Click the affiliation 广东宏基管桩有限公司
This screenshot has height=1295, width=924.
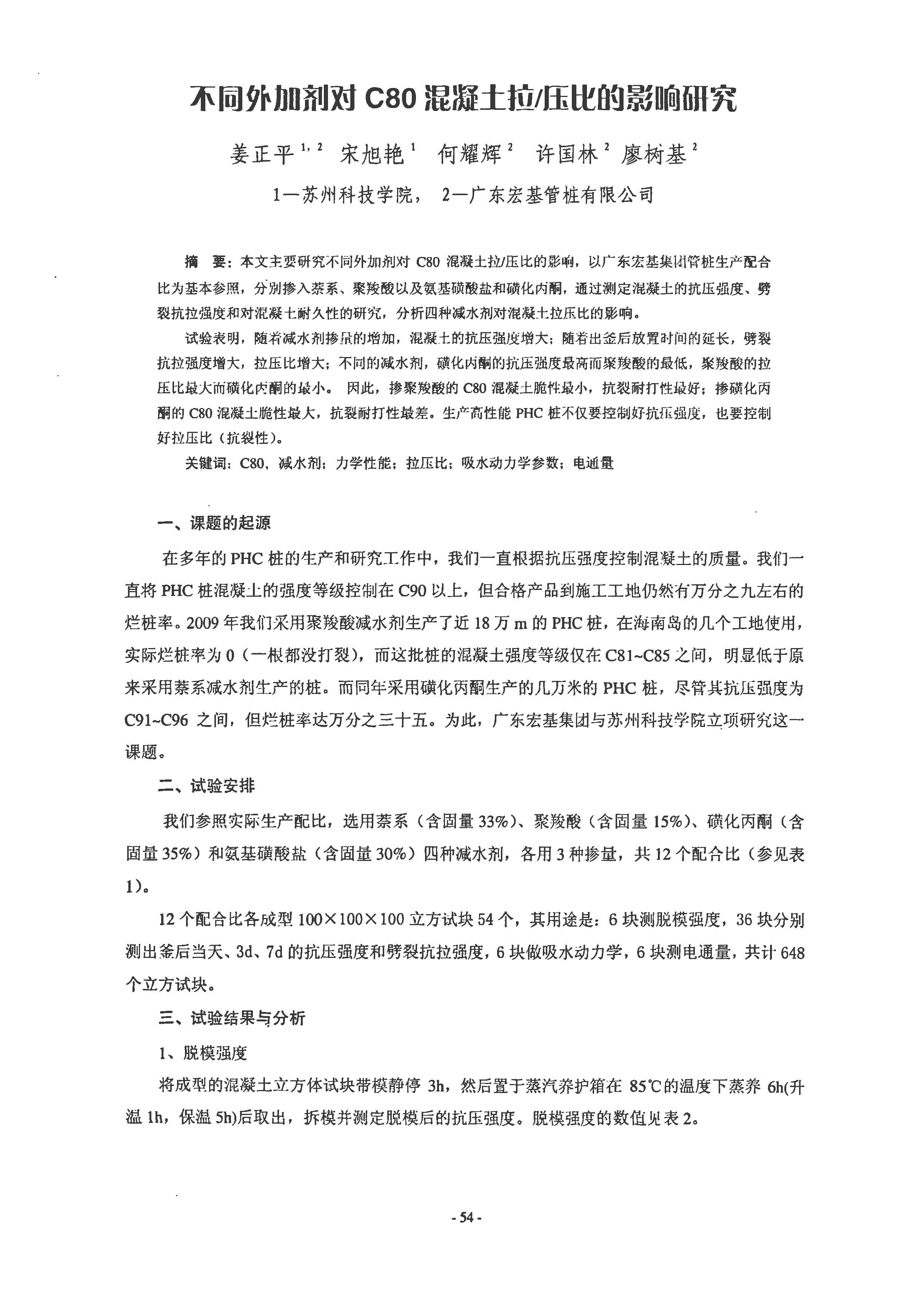point(561,195)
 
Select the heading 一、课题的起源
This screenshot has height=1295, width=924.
point(214,523)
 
